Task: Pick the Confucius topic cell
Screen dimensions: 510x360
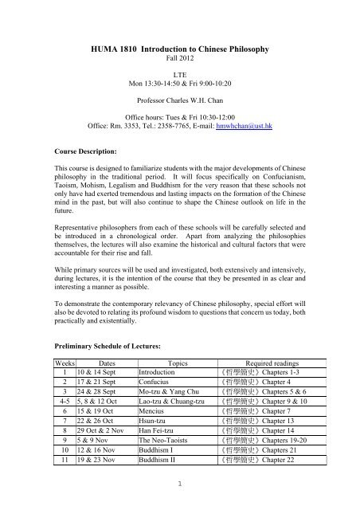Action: pos(155,383)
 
